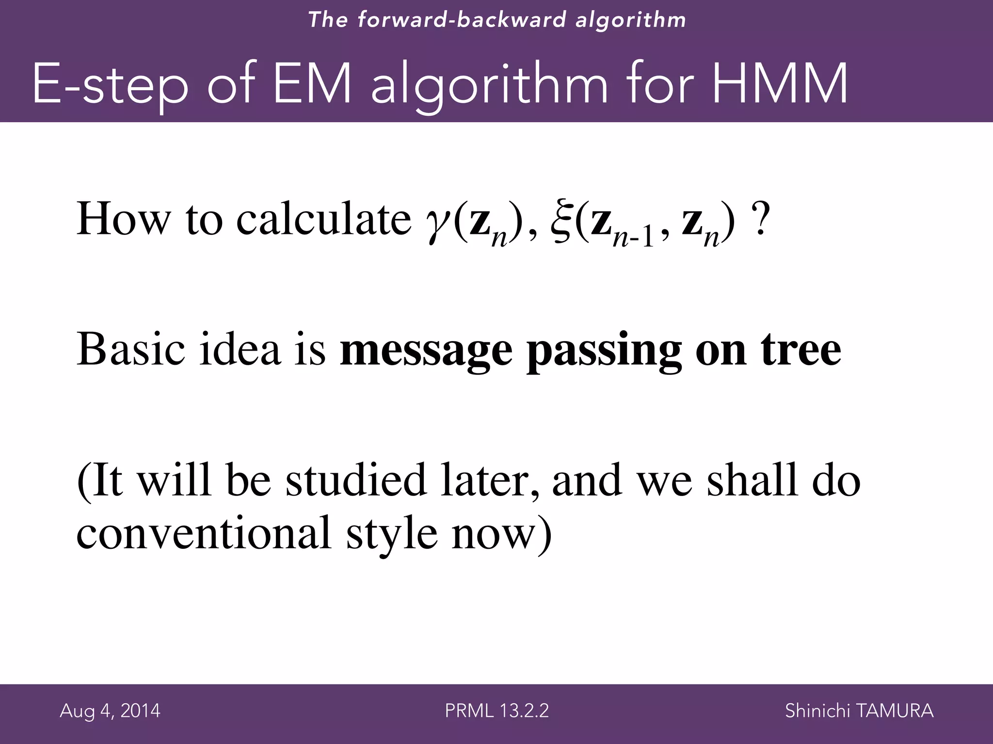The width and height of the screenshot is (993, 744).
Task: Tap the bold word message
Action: pyautogui.click(x=426, y=351)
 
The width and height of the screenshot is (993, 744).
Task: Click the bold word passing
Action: pyautogui.click(x=604, y=351)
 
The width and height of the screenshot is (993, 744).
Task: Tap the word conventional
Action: pyautogui.click(x=203, y=533)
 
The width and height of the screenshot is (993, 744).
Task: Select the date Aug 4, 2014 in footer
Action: pyautogui.click(x=110, y=711)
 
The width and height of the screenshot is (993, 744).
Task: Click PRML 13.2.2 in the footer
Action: pyautogui.click(x=496, y=711)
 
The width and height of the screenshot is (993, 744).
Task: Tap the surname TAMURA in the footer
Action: pyautogui.click(x=895, y=711)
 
